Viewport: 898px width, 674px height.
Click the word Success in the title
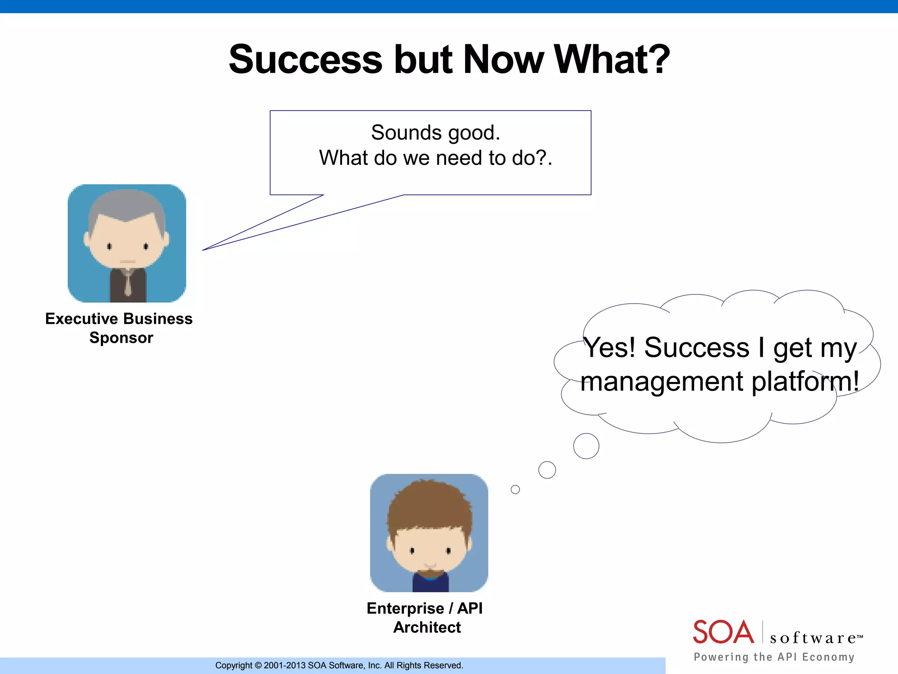[x=306, y=60]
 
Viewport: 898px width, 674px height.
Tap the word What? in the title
[x=612, y=60]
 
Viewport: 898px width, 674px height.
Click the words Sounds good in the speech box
[x=435, y=133]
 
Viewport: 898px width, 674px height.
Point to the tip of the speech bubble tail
[x=203, y=250]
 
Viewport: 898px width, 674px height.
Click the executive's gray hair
[x=127, y=205]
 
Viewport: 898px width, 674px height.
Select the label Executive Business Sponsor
[x=119, y=328]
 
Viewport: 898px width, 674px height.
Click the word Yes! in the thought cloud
[x=609, y=348]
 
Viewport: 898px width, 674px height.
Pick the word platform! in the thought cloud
[x=805, y=381]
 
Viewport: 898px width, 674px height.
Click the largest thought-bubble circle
[x=586, y=446]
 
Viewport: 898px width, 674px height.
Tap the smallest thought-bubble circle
[x=515, y=489]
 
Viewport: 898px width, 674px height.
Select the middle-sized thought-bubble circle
[x=547, y=470]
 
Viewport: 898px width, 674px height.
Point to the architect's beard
[x=430, y=573]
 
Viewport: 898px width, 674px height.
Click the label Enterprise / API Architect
[x=425, y=617]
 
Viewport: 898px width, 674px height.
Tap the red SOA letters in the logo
[x=723, y=632]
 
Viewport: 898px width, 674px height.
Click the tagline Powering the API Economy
[x=774, y=657]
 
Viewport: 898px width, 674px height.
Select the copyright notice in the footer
[x=339, y=665]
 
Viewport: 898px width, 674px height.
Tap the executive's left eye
[x=110, y=246]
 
